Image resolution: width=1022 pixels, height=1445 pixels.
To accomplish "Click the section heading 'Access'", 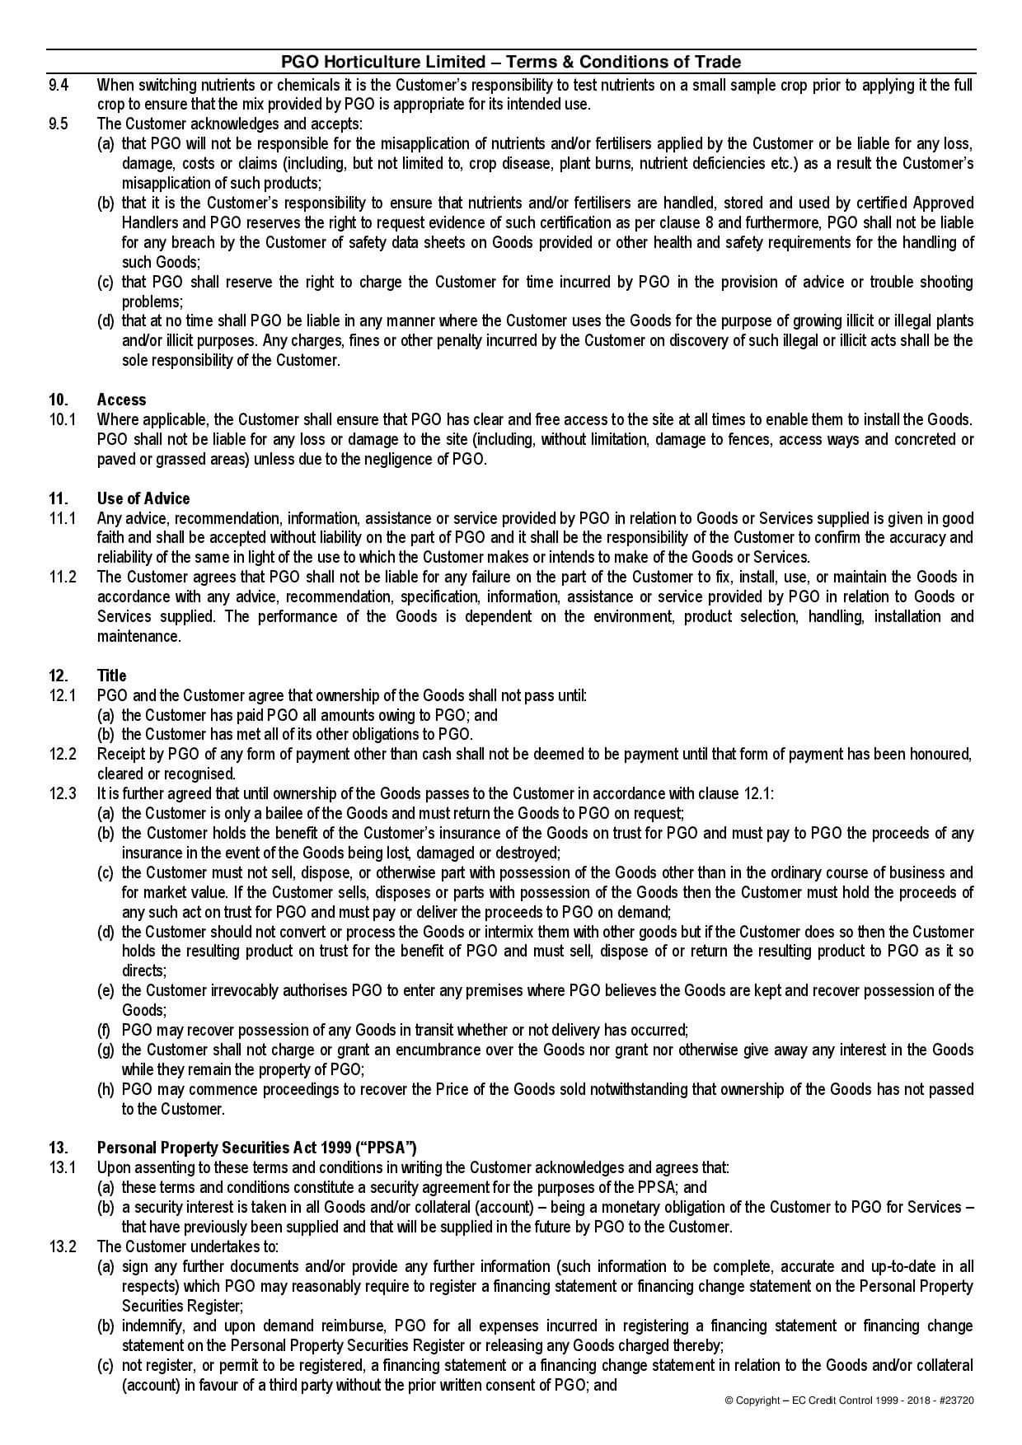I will click(x=121, y=400).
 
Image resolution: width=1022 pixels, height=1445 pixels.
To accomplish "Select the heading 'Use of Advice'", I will click(x=143, y=498).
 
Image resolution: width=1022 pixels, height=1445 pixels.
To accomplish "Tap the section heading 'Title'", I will click(x=111, y=676).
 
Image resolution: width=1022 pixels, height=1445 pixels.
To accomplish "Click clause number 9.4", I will click(x=59, y=85).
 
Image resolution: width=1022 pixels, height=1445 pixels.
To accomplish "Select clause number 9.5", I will click(x=59, y=124).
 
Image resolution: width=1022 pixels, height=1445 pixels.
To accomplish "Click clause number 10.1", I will click(x=62, y=419).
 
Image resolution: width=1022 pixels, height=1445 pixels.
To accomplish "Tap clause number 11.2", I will click(x=62, y=577).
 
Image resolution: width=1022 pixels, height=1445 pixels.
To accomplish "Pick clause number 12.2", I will click(x=62, y=754).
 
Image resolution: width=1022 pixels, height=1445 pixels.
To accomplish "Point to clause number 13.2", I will click(x=62, y=1246).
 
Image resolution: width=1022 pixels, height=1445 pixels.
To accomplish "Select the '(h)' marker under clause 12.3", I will click(x=105, y=1089).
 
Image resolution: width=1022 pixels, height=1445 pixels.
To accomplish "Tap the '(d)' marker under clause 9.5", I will click(x=105, y=321).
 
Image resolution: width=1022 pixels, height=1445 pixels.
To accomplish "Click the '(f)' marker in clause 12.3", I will click(x=105, y=1030).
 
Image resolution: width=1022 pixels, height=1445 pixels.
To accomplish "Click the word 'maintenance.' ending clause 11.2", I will click(x=138, y=636).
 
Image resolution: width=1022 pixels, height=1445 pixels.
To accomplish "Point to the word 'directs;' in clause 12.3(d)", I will click(x=144, y=971).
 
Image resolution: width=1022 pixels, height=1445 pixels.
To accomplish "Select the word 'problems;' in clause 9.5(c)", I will click(x=152, y=302).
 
